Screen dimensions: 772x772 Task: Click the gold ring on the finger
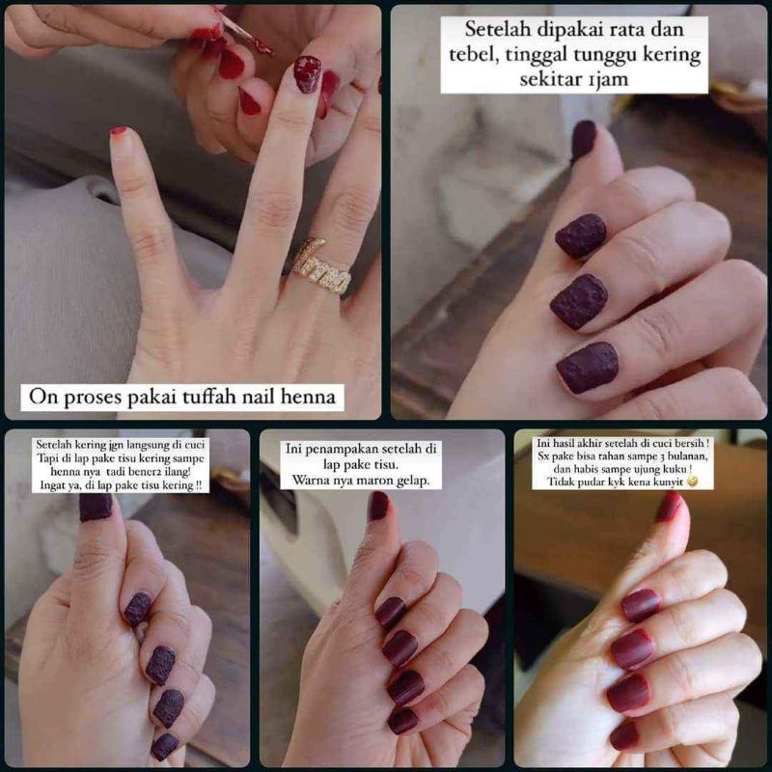pos(321,268)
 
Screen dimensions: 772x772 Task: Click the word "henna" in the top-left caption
pos(307,397)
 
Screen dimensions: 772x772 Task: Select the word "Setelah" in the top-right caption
pos(497,29)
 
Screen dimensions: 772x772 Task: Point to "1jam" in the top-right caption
pos(608,79)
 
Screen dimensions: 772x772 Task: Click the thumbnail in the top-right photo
pos(584,139)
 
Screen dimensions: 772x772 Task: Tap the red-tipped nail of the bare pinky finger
pos(119,131)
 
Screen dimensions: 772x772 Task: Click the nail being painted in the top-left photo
pos(307,74)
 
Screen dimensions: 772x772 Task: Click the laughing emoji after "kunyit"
pos(692,482)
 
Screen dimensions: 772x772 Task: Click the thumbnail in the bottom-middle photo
pos(379,506)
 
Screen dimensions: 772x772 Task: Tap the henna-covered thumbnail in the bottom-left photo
pos(96,508)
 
